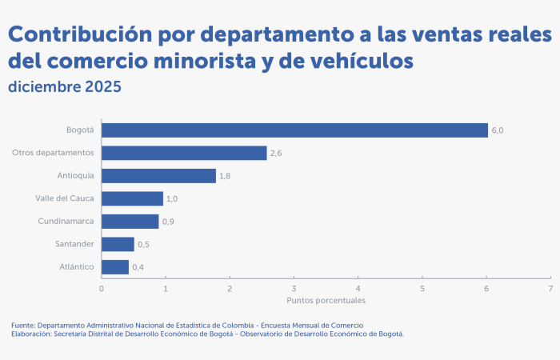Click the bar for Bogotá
click(294, 130)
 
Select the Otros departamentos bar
click(184, 153)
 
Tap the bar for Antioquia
click(158, 176)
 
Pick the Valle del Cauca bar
click(132, 198)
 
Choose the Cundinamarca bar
click(130, 222)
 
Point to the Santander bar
click(118, 244)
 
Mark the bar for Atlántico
click(115, 267)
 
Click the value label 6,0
click(498, 130)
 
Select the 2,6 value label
click(276, 153)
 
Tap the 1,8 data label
click(226, 176)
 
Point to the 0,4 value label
click(138, 267)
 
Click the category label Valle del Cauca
click(65, 198)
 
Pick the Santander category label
click(74, 244)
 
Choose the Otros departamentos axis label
click(54, 153)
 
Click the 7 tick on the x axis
click(550, 288)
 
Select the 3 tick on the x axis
click(294, 288)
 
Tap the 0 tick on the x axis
click(102, 288)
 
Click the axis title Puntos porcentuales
click(326, 301)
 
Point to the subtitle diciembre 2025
click(65, 86)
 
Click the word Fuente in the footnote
click(22, 326)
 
